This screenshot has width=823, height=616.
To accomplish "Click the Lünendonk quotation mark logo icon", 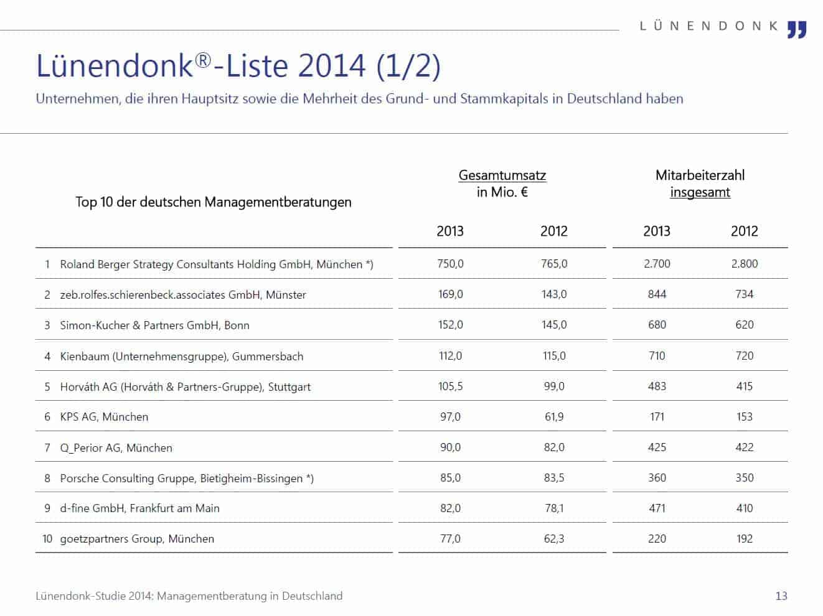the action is (797, 30).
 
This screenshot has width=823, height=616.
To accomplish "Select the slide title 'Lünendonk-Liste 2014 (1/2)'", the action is (238, 66).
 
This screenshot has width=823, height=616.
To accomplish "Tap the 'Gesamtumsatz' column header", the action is (502, 175).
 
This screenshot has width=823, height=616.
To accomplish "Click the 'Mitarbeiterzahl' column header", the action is (700, 175).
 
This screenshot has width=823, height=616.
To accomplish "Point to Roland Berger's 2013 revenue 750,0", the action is (450, 264).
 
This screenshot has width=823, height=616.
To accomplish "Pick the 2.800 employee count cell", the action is (745, 264).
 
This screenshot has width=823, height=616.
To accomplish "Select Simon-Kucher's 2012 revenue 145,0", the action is (554, 324).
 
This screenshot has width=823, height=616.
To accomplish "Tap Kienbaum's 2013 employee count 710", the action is (657, 355).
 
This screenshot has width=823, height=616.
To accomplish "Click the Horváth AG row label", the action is (186, 386).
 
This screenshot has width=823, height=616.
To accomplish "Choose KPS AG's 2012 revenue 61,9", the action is (554, 417).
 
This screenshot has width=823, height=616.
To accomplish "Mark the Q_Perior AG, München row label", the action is (116, 448).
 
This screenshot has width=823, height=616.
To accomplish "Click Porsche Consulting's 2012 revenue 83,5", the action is (554, 478).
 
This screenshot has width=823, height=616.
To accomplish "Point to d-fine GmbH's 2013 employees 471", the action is (657, 508).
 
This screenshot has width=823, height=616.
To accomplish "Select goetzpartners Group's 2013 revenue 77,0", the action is (450, 538).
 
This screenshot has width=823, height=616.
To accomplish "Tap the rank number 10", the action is (47, 538).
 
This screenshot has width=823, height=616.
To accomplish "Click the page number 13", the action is (781, 595).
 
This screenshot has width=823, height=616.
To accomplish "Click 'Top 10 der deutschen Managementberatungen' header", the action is (214, 202).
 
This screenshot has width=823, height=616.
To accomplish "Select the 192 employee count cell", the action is (745, 538).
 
